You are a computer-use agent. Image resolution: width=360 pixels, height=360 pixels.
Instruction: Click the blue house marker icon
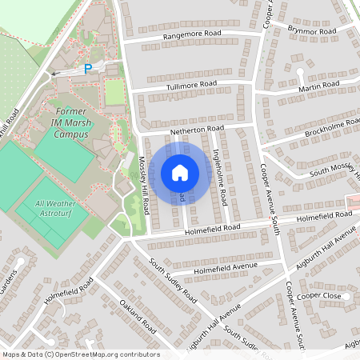tap(179, 172)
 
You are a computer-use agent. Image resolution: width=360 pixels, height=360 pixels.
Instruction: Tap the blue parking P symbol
tap(89, 69)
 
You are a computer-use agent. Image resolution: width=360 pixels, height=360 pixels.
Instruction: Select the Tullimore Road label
tap(186, 84)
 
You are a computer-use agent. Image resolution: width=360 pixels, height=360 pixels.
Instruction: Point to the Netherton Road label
tap(196, 128)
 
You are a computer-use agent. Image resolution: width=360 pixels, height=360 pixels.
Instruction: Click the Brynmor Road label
tap(313, 31)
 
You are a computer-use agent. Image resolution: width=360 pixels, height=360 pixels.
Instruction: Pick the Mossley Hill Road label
tap(146, 183)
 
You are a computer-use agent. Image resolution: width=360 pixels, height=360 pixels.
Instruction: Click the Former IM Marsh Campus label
tap(70, 122)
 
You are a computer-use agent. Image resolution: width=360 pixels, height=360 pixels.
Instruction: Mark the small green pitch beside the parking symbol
tap(115, 91)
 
